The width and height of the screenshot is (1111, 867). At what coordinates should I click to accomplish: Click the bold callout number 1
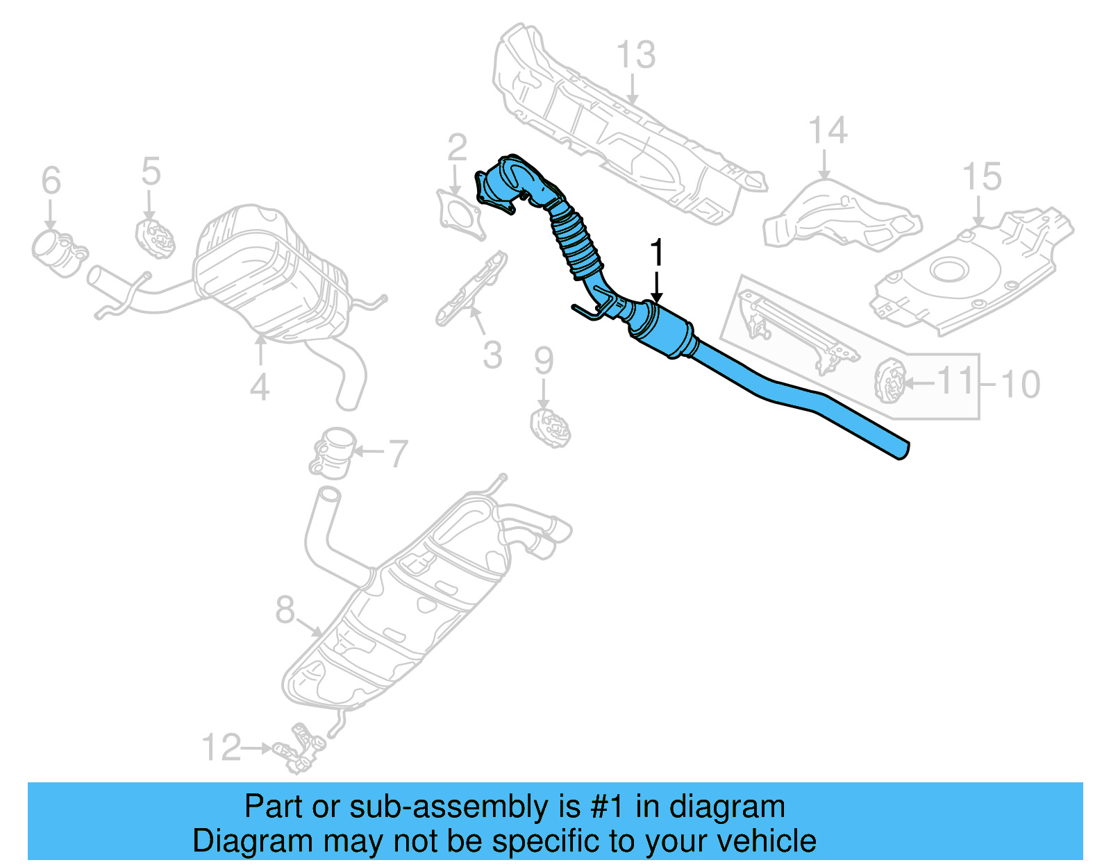(x=656, y=253)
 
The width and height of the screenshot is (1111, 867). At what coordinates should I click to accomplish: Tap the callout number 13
(x=635, y=55)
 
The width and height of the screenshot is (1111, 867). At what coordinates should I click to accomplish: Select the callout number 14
(x=828, y=131)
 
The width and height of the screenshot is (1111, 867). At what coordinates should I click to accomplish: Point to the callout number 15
(x=982, y=177)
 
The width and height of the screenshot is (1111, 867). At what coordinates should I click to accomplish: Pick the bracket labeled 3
(x=472, y=288)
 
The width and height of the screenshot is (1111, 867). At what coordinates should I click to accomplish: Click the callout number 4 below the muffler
(x=260, y=387)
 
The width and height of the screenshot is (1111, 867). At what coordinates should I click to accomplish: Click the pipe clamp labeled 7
(x=334, y=452)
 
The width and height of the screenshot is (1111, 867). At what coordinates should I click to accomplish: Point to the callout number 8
(x=285, y=610)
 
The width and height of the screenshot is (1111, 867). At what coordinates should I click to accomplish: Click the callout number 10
(x=1020, y=384)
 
